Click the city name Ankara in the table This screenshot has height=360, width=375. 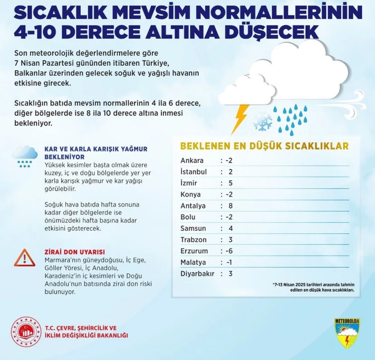192,161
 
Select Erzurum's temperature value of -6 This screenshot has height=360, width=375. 229,251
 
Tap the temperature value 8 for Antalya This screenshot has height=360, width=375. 230,206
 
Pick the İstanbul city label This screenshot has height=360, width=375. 193,172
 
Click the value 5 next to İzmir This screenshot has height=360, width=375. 230,183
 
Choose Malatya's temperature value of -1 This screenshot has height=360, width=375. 229,263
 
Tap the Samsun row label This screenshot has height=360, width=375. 193,229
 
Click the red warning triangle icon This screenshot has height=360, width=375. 22,258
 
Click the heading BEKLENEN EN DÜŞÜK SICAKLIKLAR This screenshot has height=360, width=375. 264,146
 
